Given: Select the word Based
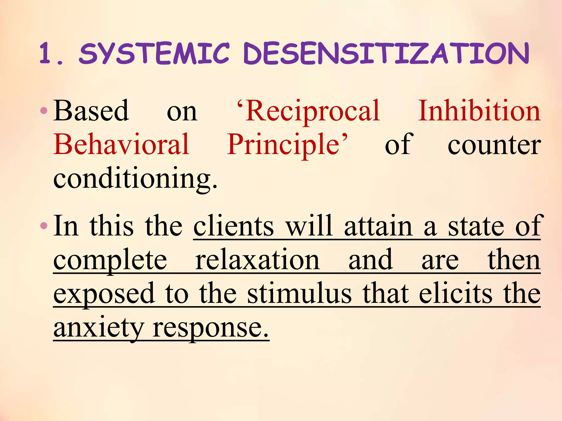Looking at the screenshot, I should [91, 111].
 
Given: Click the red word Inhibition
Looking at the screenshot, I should [479, 111].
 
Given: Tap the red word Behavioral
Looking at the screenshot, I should [121, 144].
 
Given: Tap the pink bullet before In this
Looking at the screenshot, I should [44, 226].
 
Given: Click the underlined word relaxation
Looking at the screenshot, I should [257, 260].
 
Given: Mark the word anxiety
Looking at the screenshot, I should [99, 328].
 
